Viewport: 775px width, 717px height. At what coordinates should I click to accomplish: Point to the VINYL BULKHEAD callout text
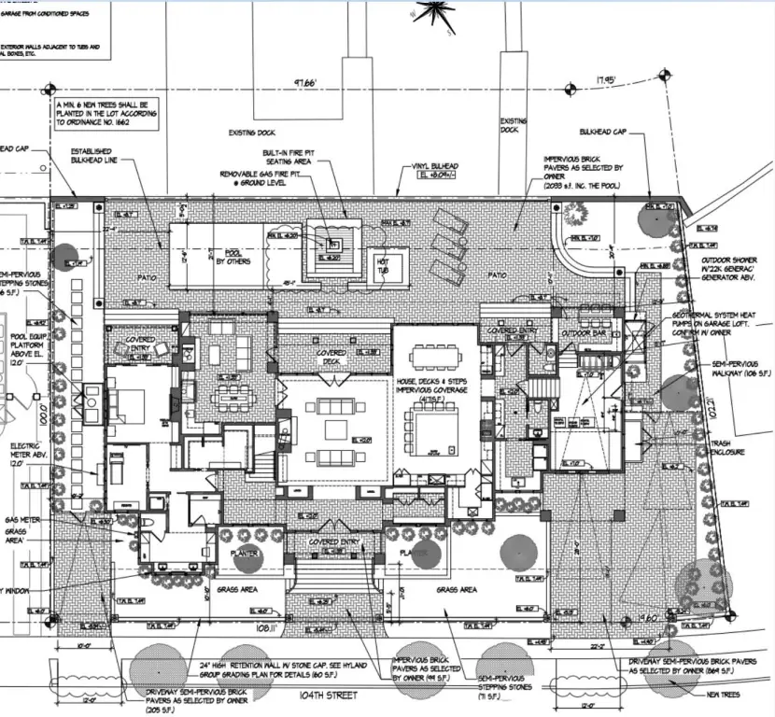tap(434, 169)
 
